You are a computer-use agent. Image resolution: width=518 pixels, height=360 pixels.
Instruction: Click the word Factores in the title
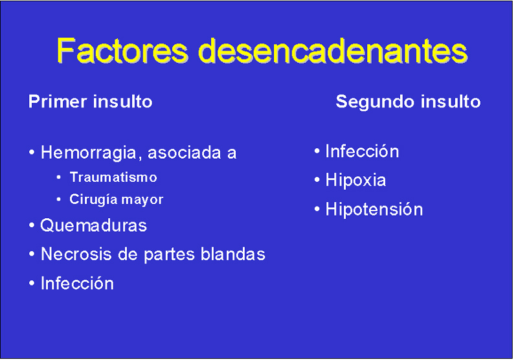coord(122,51)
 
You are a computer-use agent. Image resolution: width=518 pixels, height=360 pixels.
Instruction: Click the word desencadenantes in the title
coord(333,51)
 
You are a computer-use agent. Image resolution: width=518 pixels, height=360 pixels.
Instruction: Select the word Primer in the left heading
coord(58,102)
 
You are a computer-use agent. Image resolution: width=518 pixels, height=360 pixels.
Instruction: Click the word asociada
coord(185,153)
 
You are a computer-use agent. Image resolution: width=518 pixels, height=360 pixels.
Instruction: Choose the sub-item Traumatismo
coord(113,177)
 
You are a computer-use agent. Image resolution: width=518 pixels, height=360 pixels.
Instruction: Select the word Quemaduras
coord(93,225)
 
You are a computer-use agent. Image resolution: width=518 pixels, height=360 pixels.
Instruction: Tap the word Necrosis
coord(76,254)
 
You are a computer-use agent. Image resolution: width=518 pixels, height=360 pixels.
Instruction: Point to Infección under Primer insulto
coord(77,284)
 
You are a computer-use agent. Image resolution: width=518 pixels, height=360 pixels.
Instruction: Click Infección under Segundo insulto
coord(362,152)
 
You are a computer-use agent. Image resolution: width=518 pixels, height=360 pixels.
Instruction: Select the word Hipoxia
coord(355,181)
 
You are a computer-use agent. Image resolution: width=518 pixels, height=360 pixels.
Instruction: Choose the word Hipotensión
coord(374,209)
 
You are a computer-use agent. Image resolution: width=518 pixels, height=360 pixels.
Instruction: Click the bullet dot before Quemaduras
coord(32,225)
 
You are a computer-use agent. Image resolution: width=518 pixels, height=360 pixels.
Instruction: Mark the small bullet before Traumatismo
coord(58,177)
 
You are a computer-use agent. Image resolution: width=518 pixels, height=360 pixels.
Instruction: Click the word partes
coord(170,255)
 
